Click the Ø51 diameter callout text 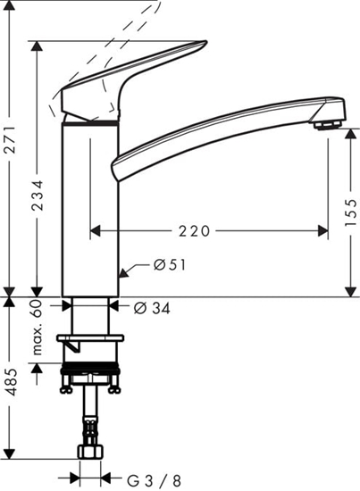coord(169,266)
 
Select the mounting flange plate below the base coord(90,340)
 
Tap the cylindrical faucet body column coord(90,205)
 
